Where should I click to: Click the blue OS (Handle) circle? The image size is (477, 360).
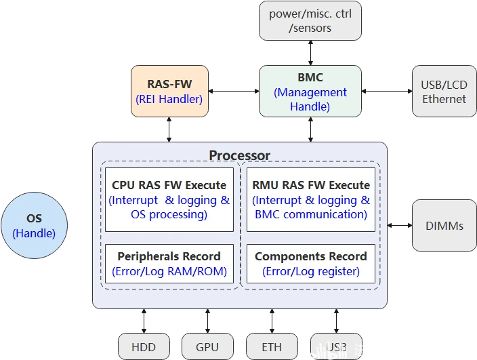pyautogui.click(x=34, y=226)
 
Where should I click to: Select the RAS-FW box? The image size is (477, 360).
pyautogui.click(x=169, y=92)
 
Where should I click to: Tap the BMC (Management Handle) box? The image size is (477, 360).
pyautogui.click(x=310, y=92)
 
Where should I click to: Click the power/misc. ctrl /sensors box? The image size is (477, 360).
pyautogui.click(x=310, y=20)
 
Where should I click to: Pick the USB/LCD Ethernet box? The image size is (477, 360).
pyautogui.click(x=444, y=92)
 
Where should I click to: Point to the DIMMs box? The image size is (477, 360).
pyautogui.click(x=444, y=226)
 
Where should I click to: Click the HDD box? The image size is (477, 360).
pyautogui.click(x=143, y=346)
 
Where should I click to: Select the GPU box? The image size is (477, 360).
pyautogui.click(x=207, y=346)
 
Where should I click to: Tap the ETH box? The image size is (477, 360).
pyautogui.click(x=272, y=346)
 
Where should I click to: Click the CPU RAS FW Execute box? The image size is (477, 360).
pyautogui.click(x=169, y=199)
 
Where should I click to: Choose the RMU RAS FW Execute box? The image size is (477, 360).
pyautogui.click(x=310, y=199)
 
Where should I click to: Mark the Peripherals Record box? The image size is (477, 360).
pyautogui.click(x=169, y=264)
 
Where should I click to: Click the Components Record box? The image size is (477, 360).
pyautogui.click(x=310, y=264)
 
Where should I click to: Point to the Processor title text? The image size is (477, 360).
pyautogui.click(x=239, y=155)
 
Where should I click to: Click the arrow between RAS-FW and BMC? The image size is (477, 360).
pyautogui.click(x=234, y=90)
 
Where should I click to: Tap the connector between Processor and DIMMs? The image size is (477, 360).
pyautogui.click(x=400, y=226)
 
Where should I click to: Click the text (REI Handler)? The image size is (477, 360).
pyautogui.click(x=169, y=99)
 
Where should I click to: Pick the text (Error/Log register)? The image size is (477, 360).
pyautogui.click(x=310, y=272)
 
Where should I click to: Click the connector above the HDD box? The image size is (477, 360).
pyautogui.click(x=143, y=320)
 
